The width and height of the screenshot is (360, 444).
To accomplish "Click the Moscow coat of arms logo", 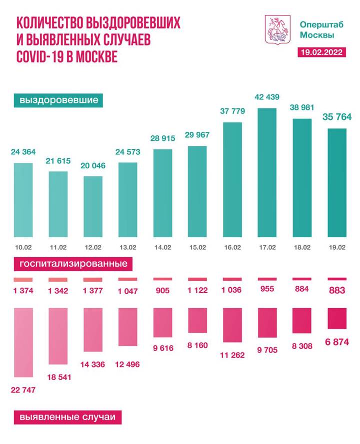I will pos(277,28).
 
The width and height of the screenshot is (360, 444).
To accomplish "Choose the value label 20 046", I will pos(93,167).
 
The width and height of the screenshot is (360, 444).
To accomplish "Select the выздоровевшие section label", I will pos(58,100).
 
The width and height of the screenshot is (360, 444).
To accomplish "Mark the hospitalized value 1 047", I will pos(127,291).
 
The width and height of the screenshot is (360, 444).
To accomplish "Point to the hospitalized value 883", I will pos(336,290).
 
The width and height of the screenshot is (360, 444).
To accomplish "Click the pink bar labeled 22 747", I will pos(23,342).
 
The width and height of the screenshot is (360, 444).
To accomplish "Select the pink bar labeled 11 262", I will pos(232,325).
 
